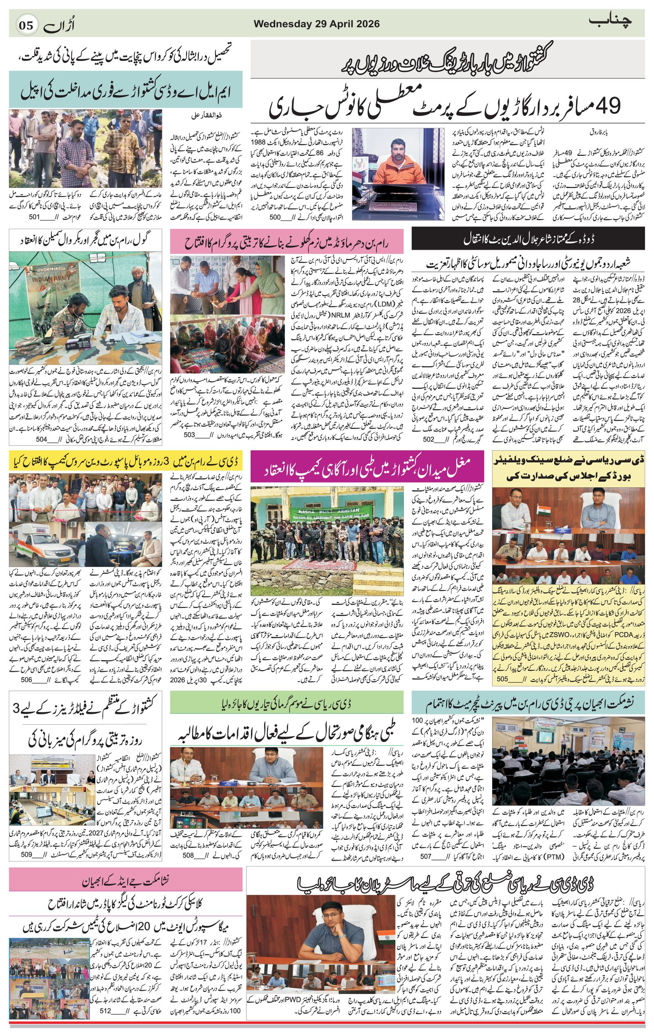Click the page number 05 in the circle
[25, 25]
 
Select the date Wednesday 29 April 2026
[316, 24]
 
